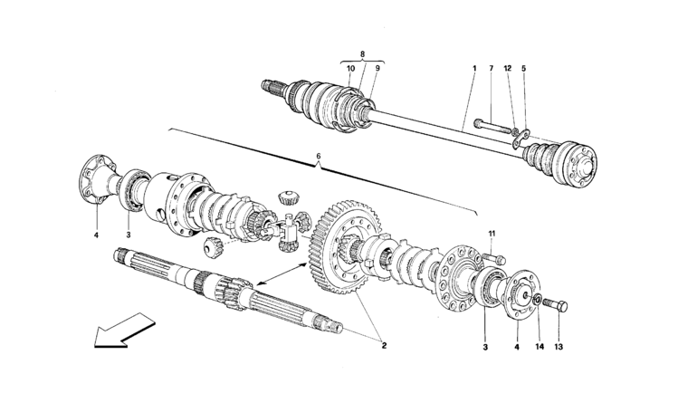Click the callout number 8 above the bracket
[362, 54]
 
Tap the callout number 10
[350, 68]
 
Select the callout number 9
[377, 68]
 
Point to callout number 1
[474, 68]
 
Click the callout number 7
[492, 68]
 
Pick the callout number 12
[508, 68]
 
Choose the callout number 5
[523, 68]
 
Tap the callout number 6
[319, 156]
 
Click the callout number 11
[492, 234]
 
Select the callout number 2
[384, 345]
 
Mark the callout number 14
[539, 347]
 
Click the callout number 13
[559, 347]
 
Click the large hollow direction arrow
[124, 330]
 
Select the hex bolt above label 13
[555, 304]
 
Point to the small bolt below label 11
[494, 258]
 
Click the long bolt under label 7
[492, 126]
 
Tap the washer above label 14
[538, 298]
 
